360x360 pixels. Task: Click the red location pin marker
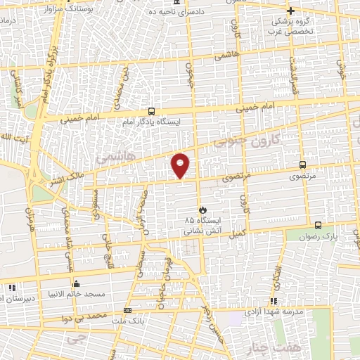click(181, 165)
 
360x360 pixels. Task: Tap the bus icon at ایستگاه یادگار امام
click(151, 111)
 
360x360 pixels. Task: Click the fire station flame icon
click(202, 209)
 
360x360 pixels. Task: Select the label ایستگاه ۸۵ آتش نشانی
click(202, 224)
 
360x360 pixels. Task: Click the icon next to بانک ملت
click(127, 310)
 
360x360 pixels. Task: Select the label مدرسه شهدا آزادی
click(274, 311)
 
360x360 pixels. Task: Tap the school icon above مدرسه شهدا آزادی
click(274, 300)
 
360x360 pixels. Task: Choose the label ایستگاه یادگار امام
click(152, 122)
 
